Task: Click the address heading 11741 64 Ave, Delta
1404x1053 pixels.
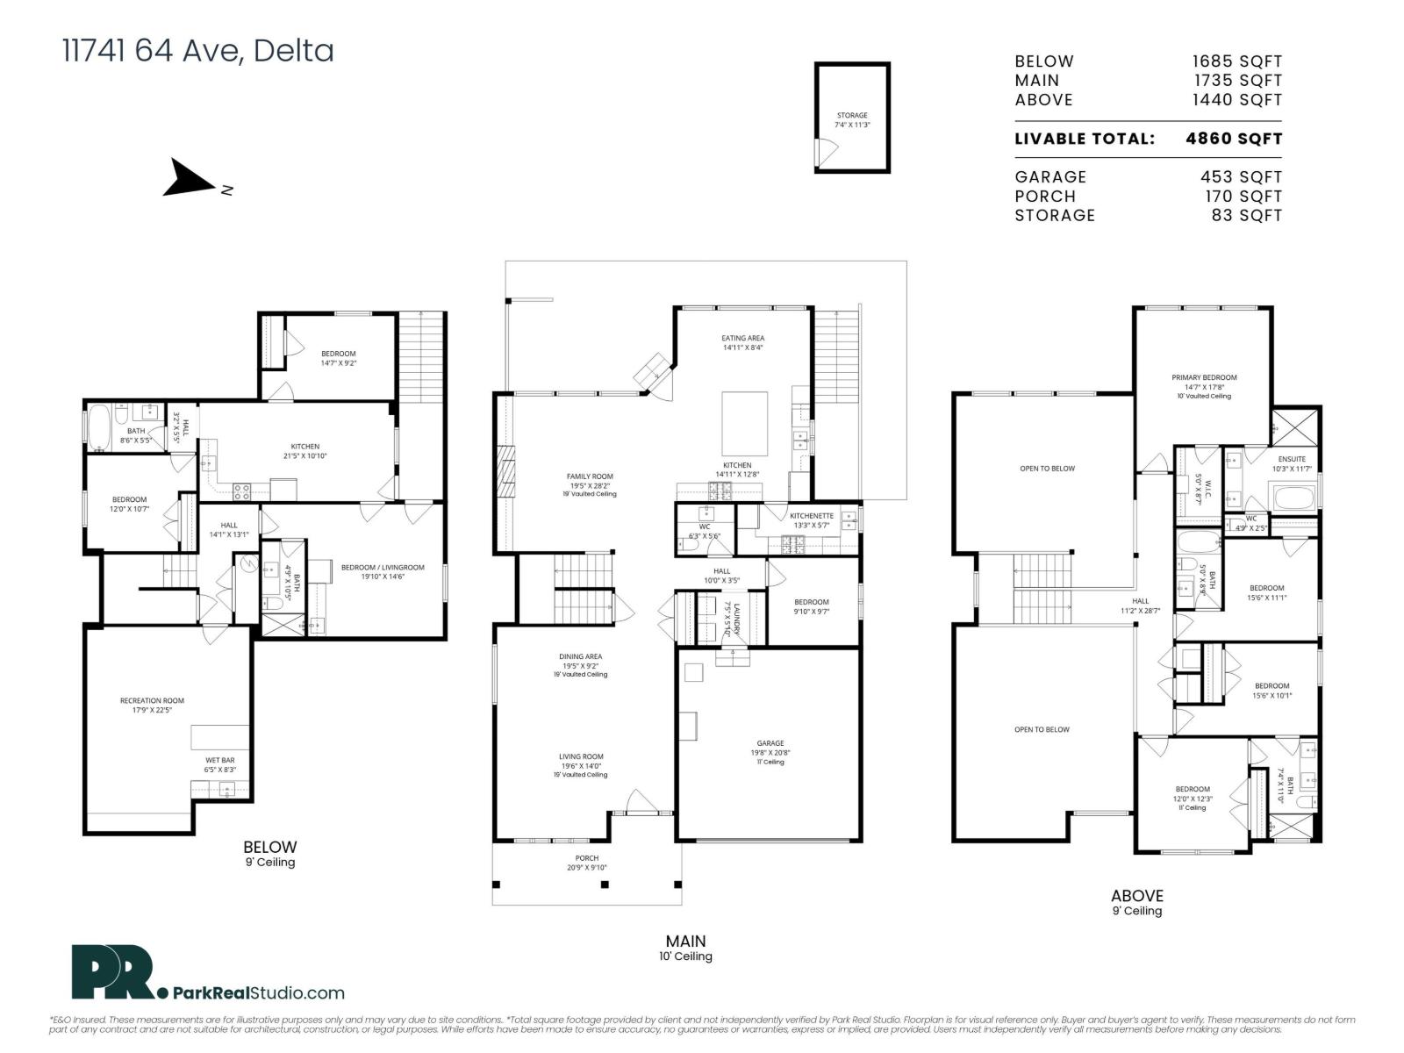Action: click(197, 51)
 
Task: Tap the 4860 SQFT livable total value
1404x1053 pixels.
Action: click(1233, 139)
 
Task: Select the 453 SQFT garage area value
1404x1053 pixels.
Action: click(1241, 177)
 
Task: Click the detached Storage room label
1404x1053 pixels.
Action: click(851, 116)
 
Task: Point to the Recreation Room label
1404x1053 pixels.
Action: click(152, 701)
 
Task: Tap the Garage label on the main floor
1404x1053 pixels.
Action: click(770, 743)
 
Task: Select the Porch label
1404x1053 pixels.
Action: click(586, 858)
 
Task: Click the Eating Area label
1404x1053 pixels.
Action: click(742, 338)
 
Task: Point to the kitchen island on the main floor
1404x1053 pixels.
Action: click(744, 424)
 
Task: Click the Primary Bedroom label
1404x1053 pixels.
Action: click(1204, 378)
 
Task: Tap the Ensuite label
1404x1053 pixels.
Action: click(1292, 459)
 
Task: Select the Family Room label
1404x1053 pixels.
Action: click(589, 476)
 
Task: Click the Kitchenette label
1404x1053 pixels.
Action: click(811, 516)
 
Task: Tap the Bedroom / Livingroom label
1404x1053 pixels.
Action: click(382, 568)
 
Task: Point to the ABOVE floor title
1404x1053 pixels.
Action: click(1136, 896)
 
